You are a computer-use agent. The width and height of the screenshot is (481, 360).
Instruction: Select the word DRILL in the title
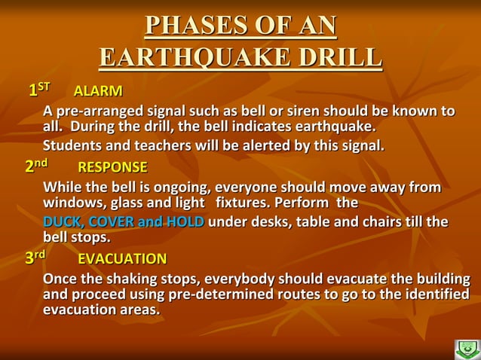coord(340,57)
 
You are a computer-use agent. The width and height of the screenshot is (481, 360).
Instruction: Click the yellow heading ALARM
coord(98,92)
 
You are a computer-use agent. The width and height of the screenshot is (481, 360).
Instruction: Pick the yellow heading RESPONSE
coord(112,166)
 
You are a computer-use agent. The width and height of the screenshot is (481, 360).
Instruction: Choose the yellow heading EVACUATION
coord(122,259)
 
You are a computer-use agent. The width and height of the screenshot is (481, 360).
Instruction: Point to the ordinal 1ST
coord(38,90)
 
